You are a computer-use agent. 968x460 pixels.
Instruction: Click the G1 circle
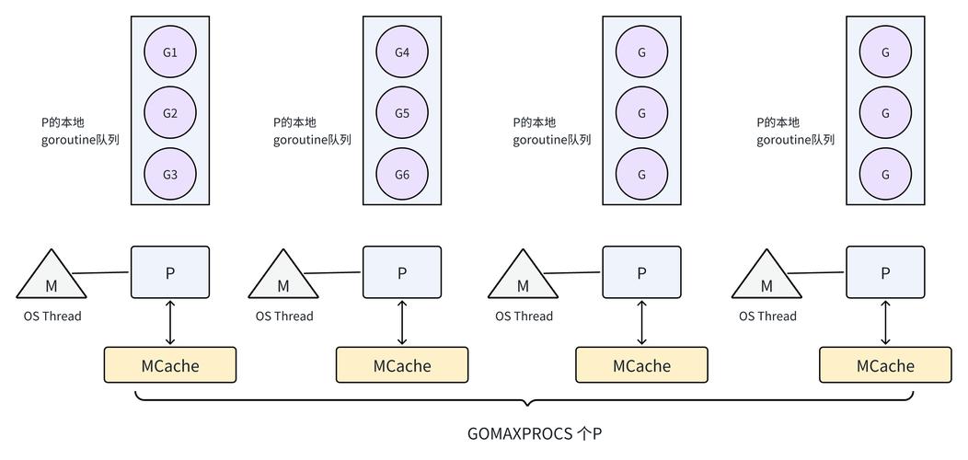[170, 52]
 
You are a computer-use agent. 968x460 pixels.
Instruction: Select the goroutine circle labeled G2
[170, 113]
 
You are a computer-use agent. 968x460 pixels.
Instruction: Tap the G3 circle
[170, 174]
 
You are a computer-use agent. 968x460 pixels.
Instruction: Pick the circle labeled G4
[402, 52]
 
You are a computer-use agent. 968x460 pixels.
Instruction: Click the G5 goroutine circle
[402, 113]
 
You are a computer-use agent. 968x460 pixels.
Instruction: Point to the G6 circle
[402, 174]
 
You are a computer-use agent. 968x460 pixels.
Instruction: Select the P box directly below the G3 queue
[170, 272]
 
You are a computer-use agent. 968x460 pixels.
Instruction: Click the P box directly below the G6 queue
[402, 272]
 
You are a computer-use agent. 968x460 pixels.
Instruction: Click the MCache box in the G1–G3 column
[170, 365]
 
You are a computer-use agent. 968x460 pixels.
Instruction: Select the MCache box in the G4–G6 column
[402, 365]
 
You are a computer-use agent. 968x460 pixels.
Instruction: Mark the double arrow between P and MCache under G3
[170, 322]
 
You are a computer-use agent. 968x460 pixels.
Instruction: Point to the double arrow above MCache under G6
[402, 322]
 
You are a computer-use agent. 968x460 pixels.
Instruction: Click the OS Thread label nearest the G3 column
[52, 316]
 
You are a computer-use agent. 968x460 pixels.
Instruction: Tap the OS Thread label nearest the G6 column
[284, 316]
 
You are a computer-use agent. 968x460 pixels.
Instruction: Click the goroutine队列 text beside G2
[80, 140]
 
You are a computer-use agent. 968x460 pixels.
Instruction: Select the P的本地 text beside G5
[294, 122]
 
